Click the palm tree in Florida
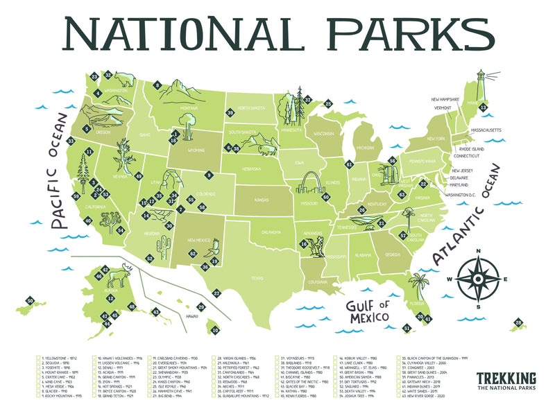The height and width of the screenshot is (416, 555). click(x=418, y=284)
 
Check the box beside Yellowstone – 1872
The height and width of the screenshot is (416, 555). click(x=38, y=358)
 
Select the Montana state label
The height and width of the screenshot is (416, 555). click(x=170, y=108)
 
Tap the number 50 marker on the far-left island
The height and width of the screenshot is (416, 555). click(x=30, y=300)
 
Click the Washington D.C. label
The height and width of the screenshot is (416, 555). click(x=467, y=195)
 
